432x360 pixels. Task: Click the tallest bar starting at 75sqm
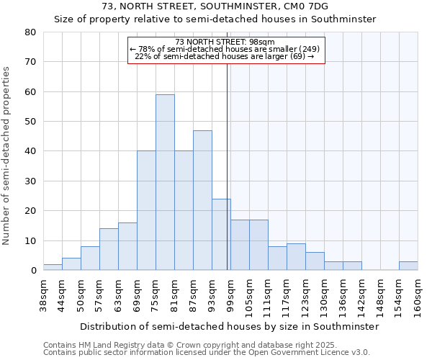tap(165, 182)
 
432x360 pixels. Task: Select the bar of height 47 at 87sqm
tap(202, 200)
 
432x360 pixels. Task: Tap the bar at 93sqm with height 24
tap(221, 235)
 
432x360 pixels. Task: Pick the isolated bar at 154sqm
tap(408, 266)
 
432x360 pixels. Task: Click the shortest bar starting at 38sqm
tap(53, 267)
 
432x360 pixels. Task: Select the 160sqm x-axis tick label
tap(418, 296)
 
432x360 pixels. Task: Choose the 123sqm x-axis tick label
tap(305, 296)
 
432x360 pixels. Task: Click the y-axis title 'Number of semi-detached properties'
tap(6, 156)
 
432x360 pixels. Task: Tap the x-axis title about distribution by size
tap(229, 326)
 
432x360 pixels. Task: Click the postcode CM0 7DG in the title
tap(304, 6)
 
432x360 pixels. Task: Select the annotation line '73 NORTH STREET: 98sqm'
tap(225, 42)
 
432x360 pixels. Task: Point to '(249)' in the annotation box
tap(309, 49)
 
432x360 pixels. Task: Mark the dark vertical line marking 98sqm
tap(228, 166)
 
